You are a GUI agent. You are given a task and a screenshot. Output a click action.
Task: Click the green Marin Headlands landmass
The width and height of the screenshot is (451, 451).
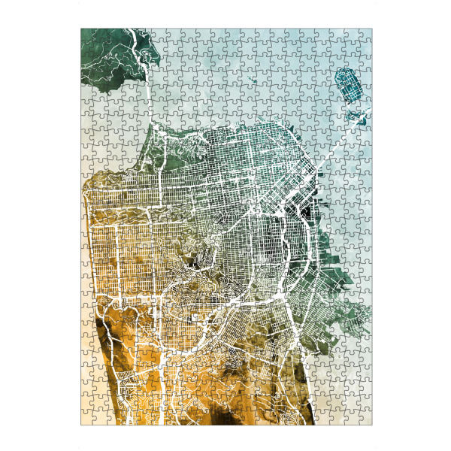pyautogui.click(x=113, y=56)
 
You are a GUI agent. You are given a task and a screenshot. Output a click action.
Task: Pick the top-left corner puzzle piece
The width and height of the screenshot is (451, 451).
pyautogui.click(x=87, y=35)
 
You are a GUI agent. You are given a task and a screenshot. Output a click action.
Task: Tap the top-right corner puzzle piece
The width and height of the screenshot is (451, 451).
pyautogui.click(x=365, y=35)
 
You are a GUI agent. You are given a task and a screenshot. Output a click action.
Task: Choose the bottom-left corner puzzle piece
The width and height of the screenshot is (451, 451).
pyautogui.click(x=87, y=418)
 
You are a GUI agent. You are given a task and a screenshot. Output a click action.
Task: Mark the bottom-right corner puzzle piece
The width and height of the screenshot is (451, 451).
pyautogui.click(x=365, y=418)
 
